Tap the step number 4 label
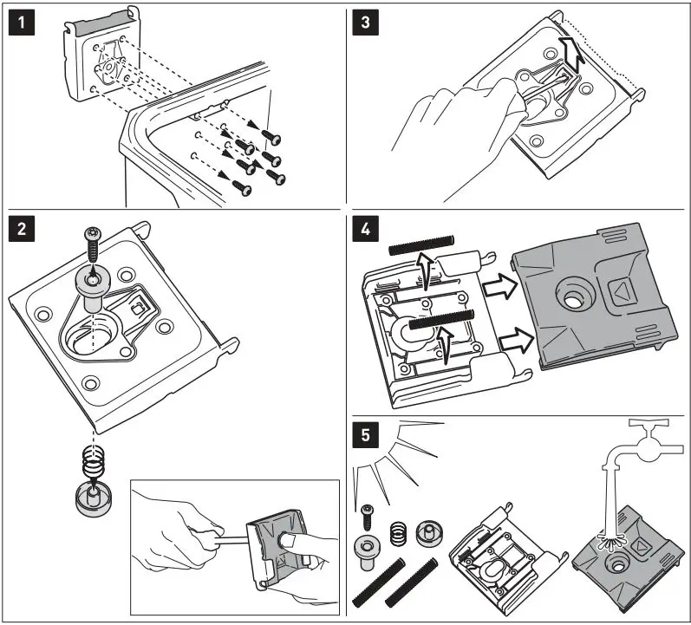(368, 231)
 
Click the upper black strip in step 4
(422, 249)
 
